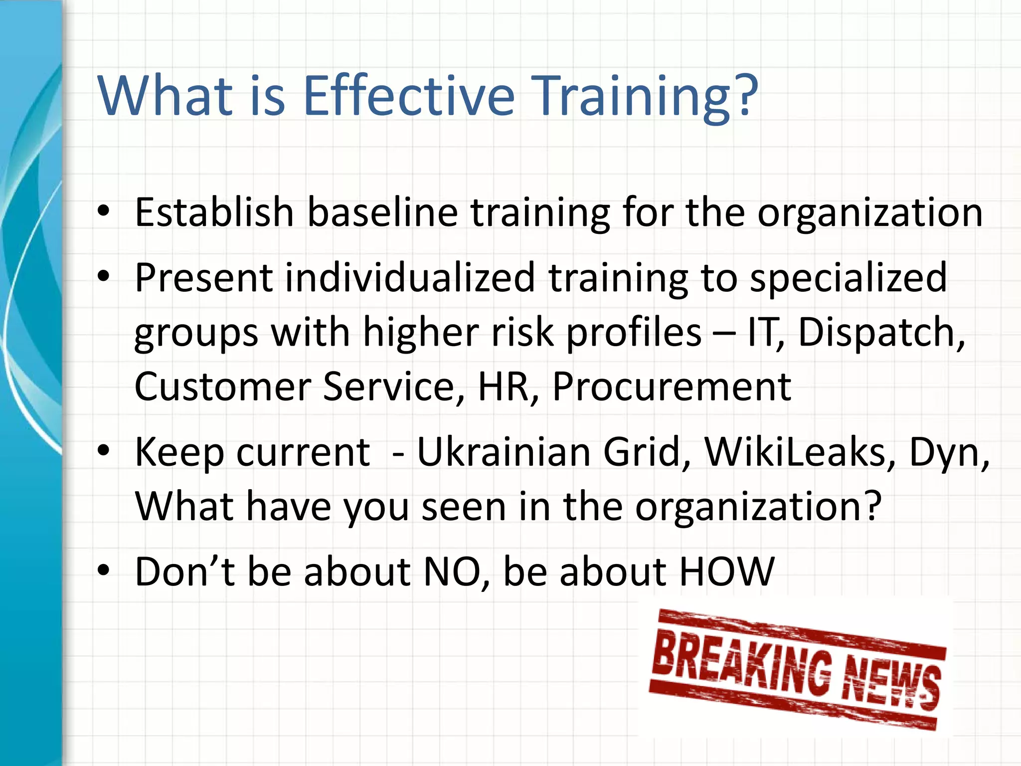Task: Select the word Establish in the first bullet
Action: [214, 213]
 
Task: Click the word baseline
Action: [382, 213]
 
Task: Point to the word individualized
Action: [410, 278]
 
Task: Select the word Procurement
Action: [672, 387]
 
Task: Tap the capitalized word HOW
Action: [727, 572]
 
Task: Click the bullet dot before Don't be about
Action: [104, 571]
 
